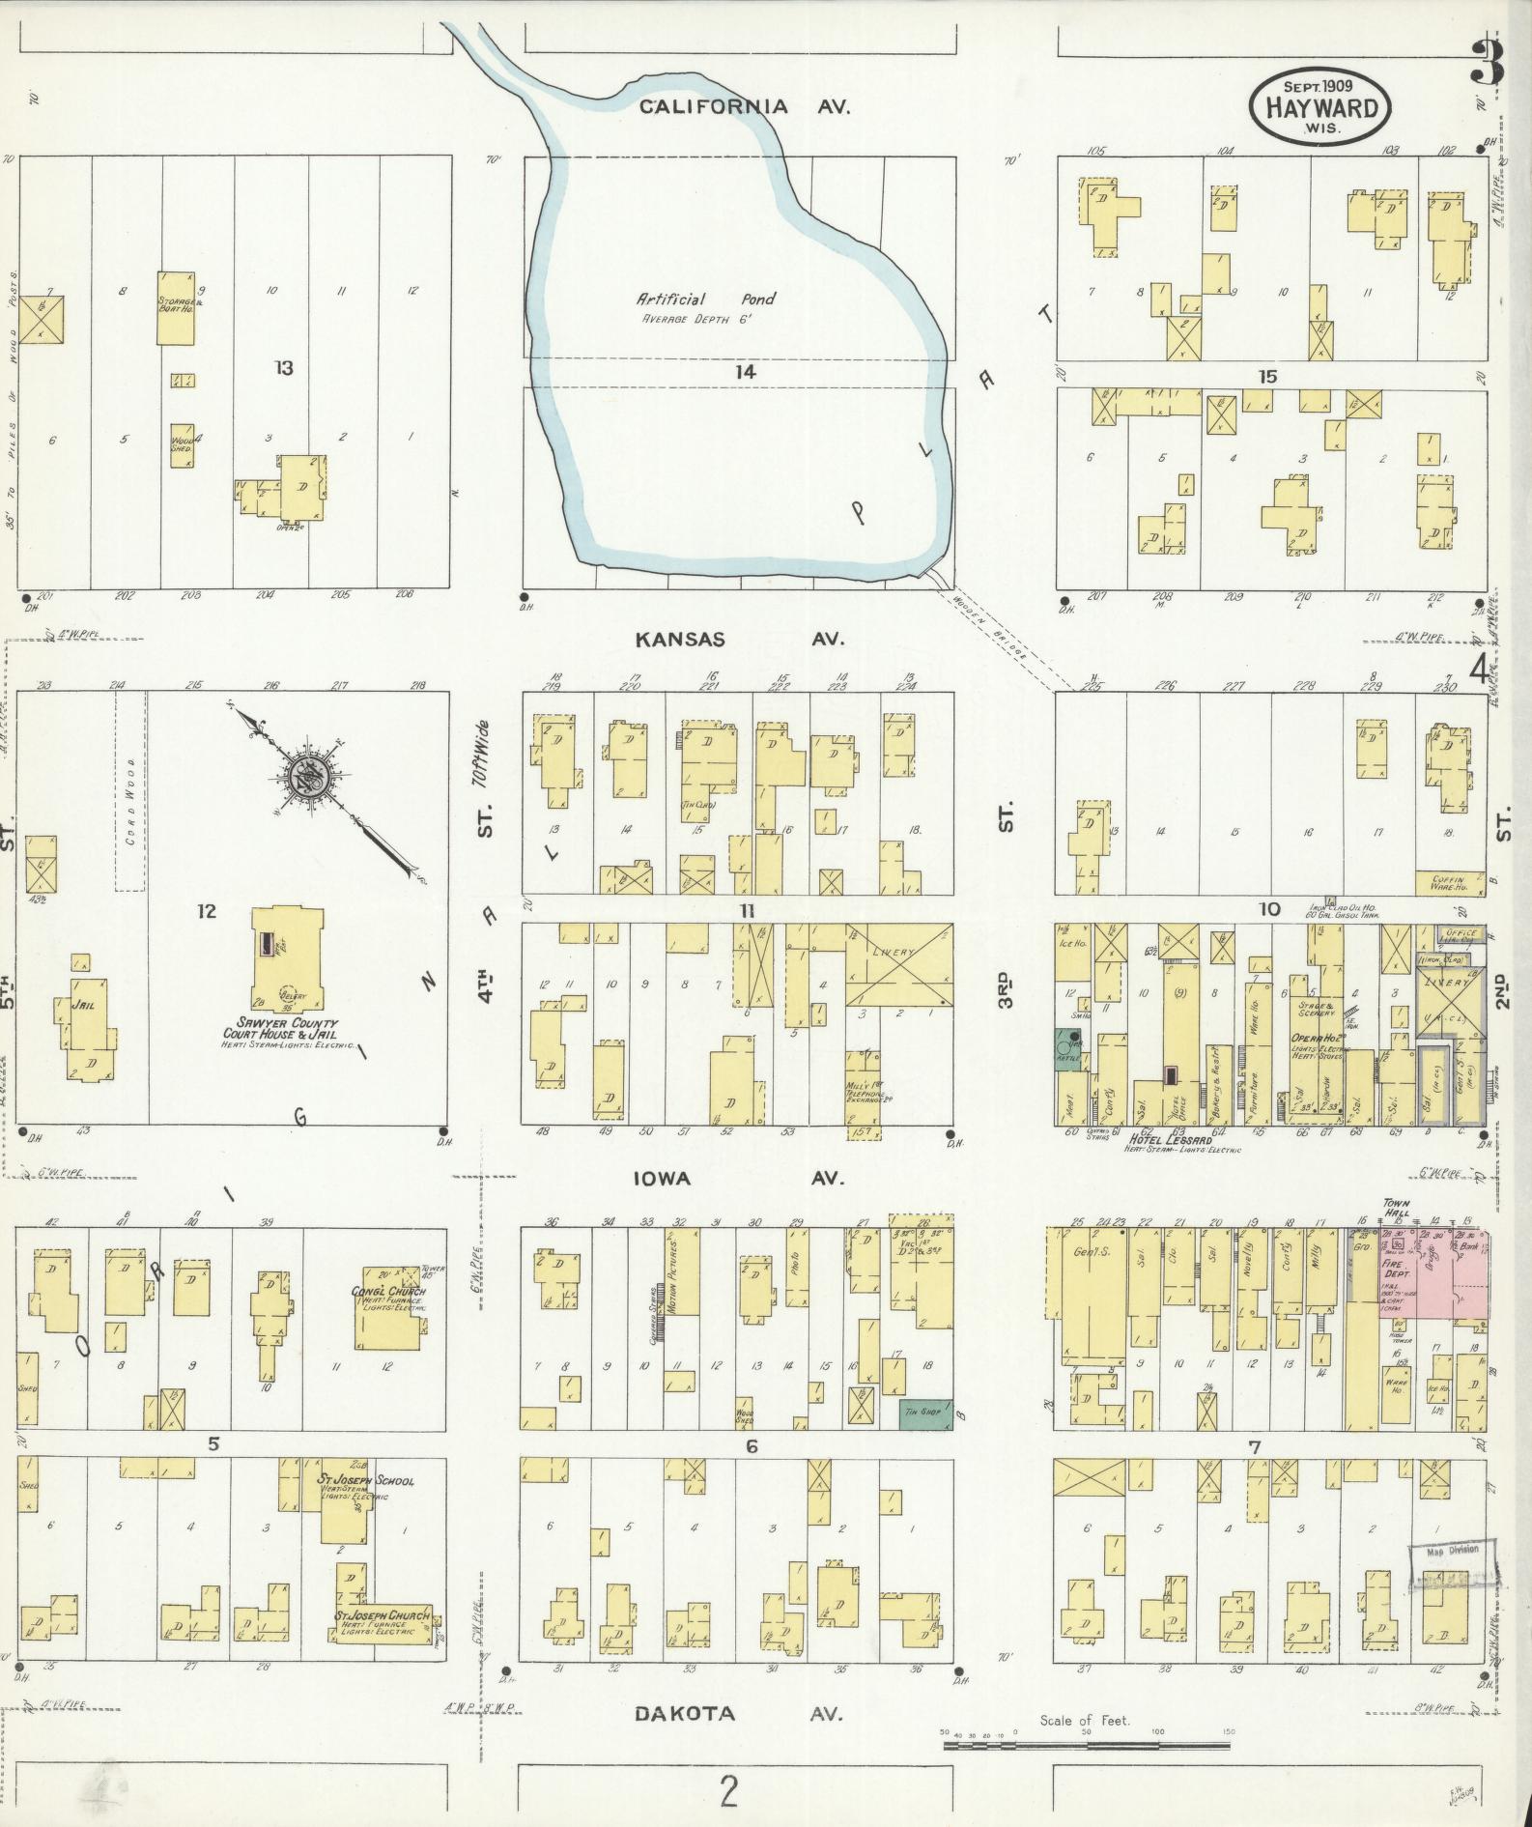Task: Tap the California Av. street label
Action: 744,107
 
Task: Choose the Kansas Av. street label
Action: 739,639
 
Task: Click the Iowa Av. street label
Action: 739,1178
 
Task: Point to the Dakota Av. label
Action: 739,1714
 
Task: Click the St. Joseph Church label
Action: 382,1615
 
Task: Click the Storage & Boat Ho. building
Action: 178,307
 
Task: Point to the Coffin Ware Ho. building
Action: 1449,882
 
